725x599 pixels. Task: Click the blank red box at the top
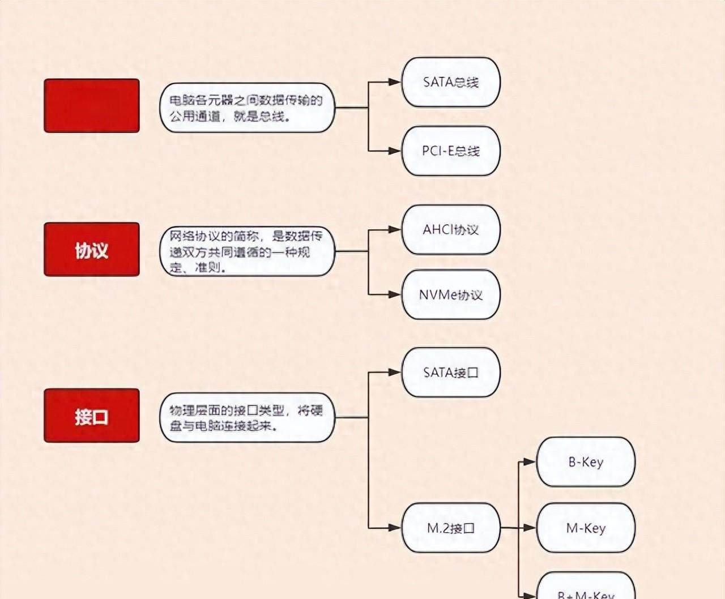tap(92, 106)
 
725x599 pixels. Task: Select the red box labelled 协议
tap(92, 250)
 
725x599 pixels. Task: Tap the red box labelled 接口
tap(92, 416)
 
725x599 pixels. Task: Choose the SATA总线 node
tap(451, 82)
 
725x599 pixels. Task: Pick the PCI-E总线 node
tap(451, 151)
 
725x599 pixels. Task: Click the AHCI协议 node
tap(451, 230)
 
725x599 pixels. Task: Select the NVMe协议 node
tap(451, 294)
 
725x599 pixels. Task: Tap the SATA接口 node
tap(451, 373)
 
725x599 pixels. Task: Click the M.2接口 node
tap(451, 528)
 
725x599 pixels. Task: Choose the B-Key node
tap(586, 462)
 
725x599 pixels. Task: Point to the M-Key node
tap(586, 528)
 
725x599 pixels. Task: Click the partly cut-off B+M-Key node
tap(586, 588)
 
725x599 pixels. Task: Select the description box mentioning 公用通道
tap(247, 108)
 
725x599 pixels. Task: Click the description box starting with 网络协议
tap(247, 251)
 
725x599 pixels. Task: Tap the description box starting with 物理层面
tap(247, 418)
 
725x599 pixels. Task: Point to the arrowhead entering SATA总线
tap(395, 82)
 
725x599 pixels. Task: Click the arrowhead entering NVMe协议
tap(395, 294)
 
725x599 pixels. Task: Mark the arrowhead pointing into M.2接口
tap(395, 528)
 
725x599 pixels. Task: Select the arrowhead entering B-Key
tap(530, 462)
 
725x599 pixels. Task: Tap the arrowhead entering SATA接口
tap(395, 373)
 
